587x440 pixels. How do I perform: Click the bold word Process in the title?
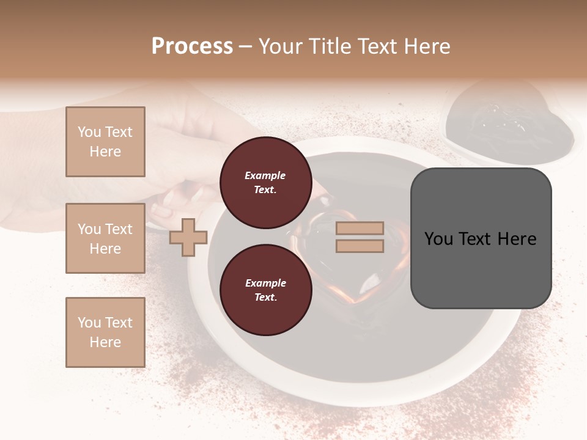coord(192,46)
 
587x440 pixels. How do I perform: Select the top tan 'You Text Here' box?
coord(105,142)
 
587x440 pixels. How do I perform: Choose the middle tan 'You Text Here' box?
coord(105,238)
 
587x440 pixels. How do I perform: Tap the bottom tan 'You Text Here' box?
coord(105,332)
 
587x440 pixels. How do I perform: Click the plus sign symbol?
coord(188,237)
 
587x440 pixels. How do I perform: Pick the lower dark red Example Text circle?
coord(265,290)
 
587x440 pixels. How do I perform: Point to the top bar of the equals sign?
coord(360,229)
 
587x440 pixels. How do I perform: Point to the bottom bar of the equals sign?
coord(360,246)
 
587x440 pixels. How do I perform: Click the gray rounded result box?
coord(481,269)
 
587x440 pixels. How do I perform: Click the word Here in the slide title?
coord(426,46)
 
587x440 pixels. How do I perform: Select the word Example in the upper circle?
coord(265,175)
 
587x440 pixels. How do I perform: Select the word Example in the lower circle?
coord(265,283)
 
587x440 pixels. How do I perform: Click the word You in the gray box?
coord(438,239)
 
